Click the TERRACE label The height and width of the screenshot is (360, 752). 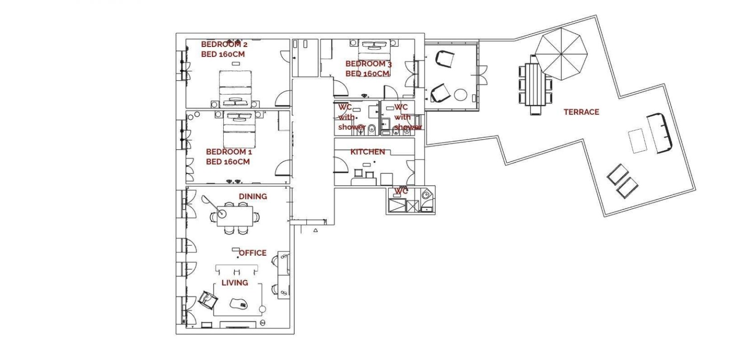pyautogui.click(x=581, y=112)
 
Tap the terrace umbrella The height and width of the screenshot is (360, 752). pyautogui.click(x=561, y=54)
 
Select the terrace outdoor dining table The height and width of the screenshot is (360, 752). pyautogui.click(x=535, y=85)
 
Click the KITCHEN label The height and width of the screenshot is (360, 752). pyautogui.click(x=368, y=152)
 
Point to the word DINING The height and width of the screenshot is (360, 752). pyautogui.click(x=253, y=196)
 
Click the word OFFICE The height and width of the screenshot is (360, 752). pyautogui.click(x=252, y=253)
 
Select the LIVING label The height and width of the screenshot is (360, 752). pyautogui.click(x=235, y=283)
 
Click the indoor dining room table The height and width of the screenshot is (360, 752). pyautogui.click(x=235, y=216)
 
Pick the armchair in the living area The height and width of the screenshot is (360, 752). pyautogui.click(x=208, y=300)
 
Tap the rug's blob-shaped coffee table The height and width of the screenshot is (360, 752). pyautogui.click(x=239, y=304)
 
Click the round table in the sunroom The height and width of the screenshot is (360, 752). pyautogui.click(x=461, y=94)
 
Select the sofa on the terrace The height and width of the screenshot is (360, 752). pyautogui.click(x=660, y=133)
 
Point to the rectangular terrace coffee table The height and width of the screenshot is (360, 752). pyautogui.click(x=637, y=141)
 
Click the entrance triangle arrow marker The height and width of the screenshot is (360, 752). pyautogui.click(x=315, y=230)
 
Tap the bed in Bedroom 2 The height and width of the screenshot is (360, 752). pyautogui.click(x=235, y=89)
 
